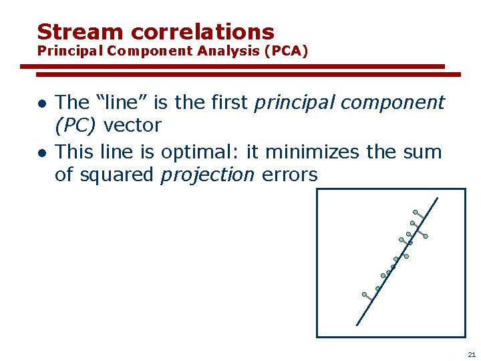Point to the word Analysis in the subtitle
(229, 51)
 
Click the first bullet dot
(41, 104)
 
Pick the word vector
(132, 125)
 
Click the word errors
(289, 175)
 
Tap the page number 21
(472, 354)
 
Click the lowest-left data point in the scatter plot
(364, 294)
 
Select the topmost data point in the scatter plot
(415, 213)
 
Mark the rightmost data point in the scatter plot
(426, 236)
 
